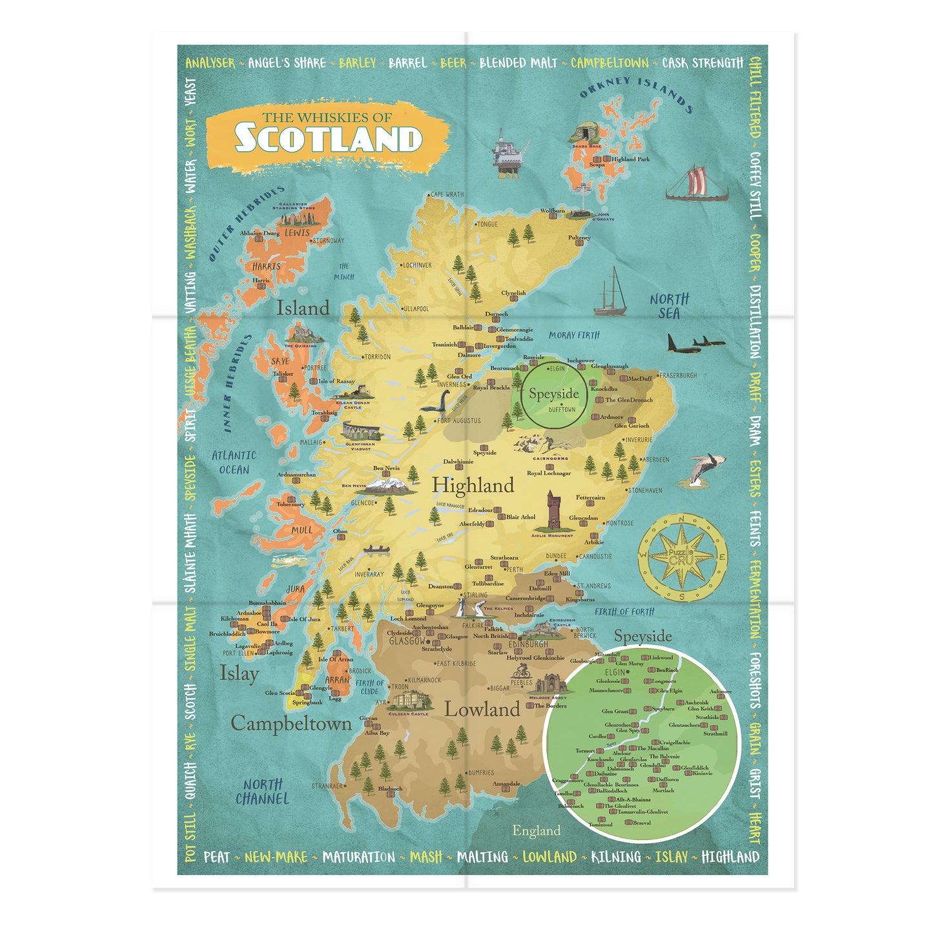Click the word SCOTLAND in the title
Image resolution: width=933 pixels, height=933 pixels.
pyautogui.click(x=328, y=139)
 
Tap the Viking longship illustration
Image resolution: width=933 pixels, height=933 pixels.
pyautogui.click(x=697, y=183)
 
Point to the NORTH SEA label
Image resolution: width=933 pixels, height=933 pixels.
pyautogui.click(x=670, y=306)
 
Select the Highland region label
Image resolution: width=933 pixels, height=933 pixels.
pyautogui.click(x=473, y=486)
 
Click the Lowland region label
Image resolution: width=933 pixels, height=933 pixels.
pyautogui.click(x=482, y=710)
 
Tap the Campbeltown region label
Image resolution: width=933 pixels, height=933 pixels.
pyautogui.click(x=291, y=724)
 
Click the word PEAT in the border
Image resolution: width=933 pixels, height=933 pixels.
pyautogui.click(x=217, y=857)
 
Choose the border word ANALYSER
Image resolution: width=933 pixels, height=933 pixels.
pyautogui.click(x=210, y=63)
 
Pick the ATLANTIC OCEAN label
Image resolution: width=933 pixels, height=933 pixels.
pyautogui.click(x=234, y=462)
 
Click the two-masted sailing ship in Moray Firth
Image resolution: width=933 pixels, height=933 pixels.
pyautogui.click(x=610, y=294)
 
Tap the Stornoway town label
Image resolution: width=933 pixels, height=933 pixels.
pyautogui.click(x=328, y=241)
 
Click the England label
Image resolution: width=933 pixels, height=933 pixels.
pyautogui.click(x=536, y=830)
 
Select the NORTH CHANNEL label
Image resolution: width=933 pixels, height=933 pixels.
pyautogui.click(x=262, y=792)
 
